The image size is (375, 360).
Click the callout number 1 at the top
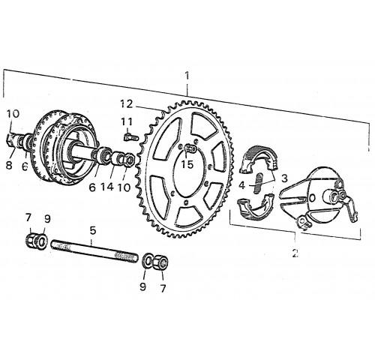pyautogui.click(x=187, y=76)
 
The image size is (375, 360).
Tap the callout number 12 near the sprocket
pyautogui.click(x=127, y=104)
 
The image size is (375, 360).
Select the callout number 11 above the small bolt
pyautogui.click(x=127, y=122)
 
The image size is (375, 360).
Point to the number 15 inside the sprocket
pyautogui.click(x=187, y=164)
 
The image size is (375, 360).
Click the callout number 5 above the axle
pyautogui.click(x=93, y=230)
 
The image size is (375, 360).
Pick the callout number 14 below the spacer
pyautogui.click(x=107, y=186)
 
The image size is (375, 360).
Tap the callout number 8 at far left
pyautogui.click(x=9, y=165)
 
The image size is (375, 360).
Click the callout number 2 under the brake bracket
pyautogui.click(x=295, y=253)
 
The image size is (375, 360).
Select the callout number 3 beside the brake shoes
pyautogui.click(x=284, y=178)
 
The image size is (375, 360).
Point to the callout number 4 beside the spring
pyautogui.click(x=242, y=185)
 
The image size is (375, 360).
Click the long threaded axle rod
pyautogui.click(x=94, y=251)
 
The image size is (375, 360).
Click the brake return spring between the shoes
pyautogui.click(x=259, y=183)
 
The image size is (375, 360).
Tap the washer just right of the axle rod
pyautogui.click(x=146, y=261)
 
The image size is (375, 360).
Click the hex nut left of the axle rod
pyautogui.click(x=31, y=241)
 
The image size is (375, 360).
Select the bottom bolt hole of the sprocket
pyautogui.click(x=185, y=202)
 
